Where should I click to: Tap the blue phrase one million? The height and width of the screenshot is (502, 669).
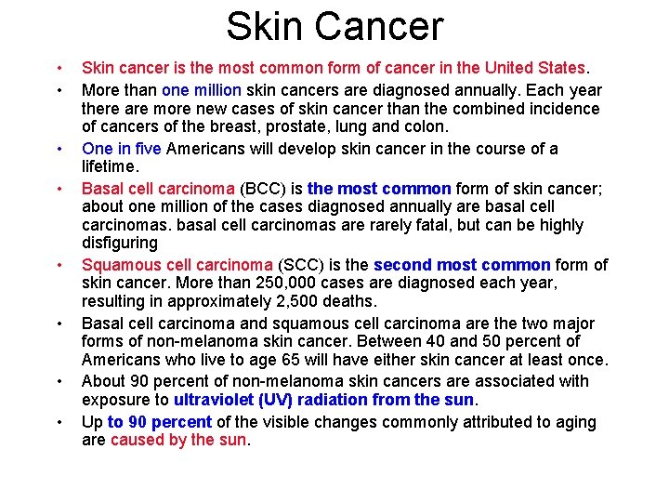[x=202, y=90]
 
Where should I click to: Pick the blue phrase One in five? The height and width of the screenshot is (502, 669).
[x=122, y=149]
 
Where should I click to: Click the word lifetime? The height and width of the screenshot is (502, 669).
[x=110, y=166]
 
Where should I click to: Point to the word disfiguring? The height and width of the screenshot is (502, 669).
[x=120, y=243]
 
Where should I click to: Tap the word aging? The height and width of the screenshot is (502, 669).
[x=575, y=422]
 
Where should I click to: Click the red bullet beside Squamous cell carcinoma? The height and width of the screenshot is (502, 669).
[x=59, y=265]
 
